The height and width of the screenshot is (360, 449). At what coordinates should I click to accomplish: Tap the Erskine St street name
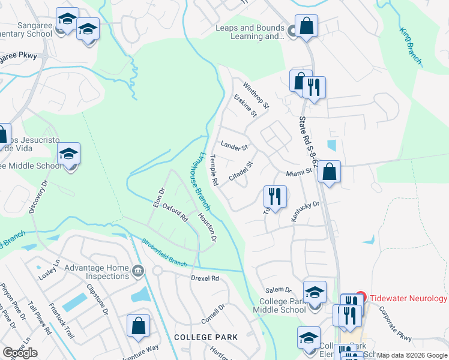pyautogui.click(x=246, y=105)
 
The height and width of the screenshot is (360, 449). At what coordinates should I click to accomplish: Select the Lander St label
pyautogui.click(x=234, y=146)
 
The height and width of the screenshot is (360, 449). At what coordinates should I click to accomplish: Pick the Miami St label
pyautogui.click(x=299, y=172)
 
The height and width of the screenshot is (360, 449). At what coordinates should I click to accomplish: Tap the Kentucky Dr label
pyautogui.click(x=306, y=212)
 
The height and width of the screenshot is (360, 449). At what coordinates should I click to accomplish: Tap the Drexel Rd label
pyautogui.click(x=205, y=278)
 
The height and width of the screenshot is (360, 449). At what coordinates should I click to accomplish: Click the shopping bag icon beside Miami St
pyautogui.click(x=329, y=172)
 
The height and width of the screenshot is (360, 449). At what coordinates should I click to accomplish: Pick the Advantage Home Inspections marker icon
pyautogui.click(x=139, y=271)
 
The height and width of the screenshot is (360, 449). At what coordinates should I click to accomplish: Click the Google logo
pyautogui.click(x=20, y=352)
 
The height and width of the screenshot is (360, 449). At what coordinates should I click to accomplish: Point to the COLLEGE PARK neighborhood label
pyautogui.click(x=206, y=337)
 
